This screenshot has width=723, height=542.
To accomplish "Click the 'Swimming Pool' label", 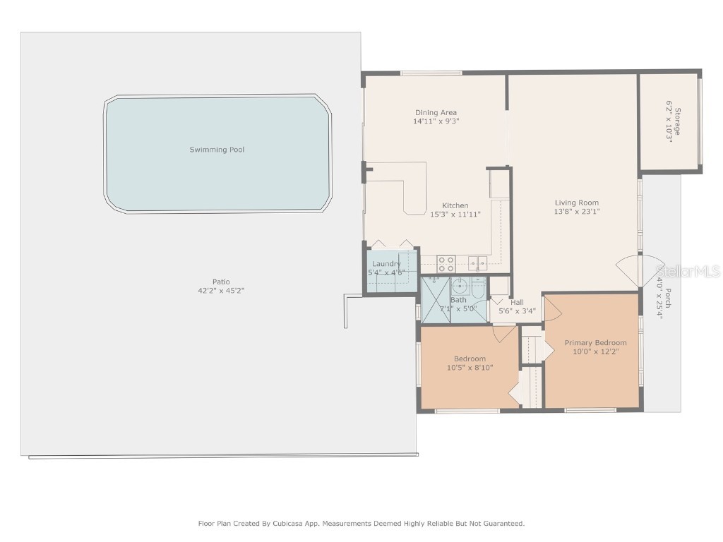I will (x=217, y=150).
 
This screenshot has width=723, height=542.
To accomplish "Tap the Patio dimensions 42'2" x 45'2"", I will (x=221, y=291).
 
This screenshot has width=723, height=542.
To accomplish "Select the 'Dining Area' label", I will (x=435, y=112).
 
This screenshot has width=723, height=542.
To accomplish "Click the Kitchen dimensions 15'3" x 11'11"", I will (x=455, y=215).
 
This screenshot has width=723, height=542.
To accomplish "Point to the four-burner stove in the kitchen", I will (x=446, y=264).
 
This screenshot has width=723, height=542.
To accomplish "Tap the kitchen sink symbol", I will (x=478, y=264).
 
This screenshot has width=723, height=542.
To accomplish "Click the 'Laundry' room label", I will (x=386, y=264).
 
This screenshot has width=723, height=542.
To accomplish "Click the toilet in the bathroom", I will (x=479, y=289).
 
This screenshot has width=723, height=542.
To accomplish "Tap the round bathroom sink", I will (x=460, y=286).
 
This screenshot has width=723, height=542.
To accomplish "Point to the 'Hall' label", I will (x=517, y=302).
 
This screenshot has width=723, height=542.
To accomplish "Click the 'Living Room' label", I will (x=576, y=203).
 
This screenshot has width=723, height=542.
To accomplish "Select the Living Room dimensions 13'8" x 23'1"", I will (x=576, y=212).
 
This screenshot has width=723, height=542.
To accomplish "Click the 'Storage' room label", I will (x=677, y=116).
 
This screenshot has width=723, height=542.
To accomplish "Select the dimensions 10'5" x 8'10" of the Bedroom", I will (x=470, y=367).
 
